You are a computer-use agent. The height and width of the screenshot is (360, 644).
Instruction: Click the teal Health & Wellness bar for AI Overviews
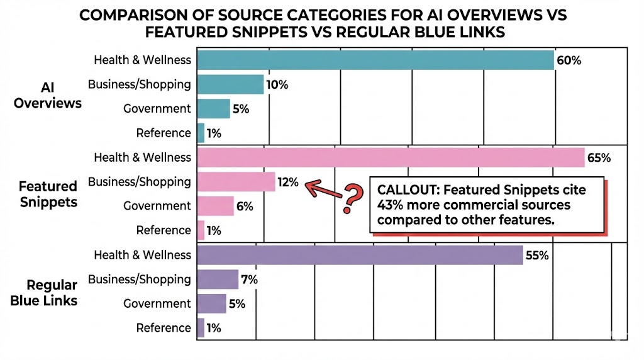click(x=375, y=60)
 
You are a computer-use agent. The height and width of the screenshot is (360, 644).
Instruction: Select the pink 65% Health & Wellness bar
click(x=391, y=157)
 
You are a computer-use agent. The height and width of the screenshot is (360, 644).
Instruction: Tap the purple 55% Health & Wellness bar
click(x=360, y=255)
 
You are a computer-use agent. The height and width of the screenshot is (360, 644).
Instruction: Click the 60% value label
click(x=569, y=60)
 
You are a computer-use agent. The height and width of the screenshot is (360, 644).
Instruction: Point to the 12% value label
click(x=288, y=182)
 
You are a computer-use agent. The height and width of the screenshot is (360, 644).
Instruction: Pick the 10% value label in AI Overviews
click(x=277, y=84)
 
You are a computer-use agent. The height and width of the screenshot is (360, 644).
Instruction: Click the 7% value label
click(x=250, y=279)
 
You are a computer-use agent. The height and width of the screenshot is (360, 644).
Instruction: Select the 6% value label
click(x=245, y=206)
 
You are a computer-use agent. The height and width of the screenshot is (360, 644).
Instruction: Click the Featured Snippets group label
click(x=48, y=194)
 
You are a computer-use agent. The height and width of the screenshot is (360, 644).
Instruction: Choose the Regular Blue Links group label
click(x=44, y=293)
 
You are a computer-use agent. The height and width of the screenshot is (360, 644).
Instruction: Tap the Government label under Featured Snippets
click(x=157, y=206)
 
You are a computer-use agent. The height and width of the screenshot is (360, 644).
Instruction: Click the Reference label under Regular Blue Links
click(x=163, y=328)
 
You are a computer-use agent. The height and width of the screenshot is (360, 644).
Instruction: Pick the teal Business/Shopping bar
click(x=230, y=84)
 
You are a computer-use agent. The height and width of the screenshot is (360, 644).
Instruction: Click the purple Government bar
click(x=211, y=303)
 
